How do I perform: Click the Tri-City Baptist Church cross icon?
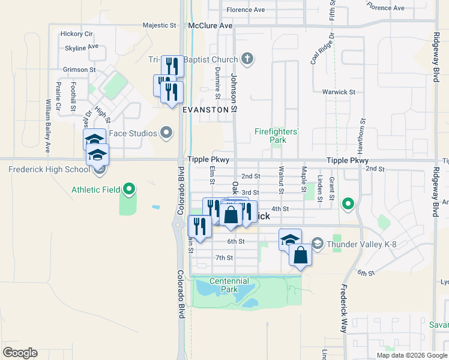click(247, 59)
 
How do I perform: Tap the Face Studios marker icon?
click(167, 133)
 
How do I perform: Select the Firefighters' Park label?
click(277, 135)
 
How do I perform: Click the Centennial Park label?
click(229, 285)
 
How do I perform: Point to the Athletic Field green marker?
click(128, 190)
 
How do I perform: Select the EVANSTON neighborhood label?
click(206, 110)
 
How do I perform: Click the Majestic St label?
click(159, 26)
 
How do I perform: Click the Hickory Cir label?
click(76, 34)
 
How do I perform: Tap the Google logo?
click(20, 353)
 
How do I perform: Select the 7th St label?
click(224, 258)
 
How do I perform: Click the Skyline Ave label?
click(82, 47)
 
